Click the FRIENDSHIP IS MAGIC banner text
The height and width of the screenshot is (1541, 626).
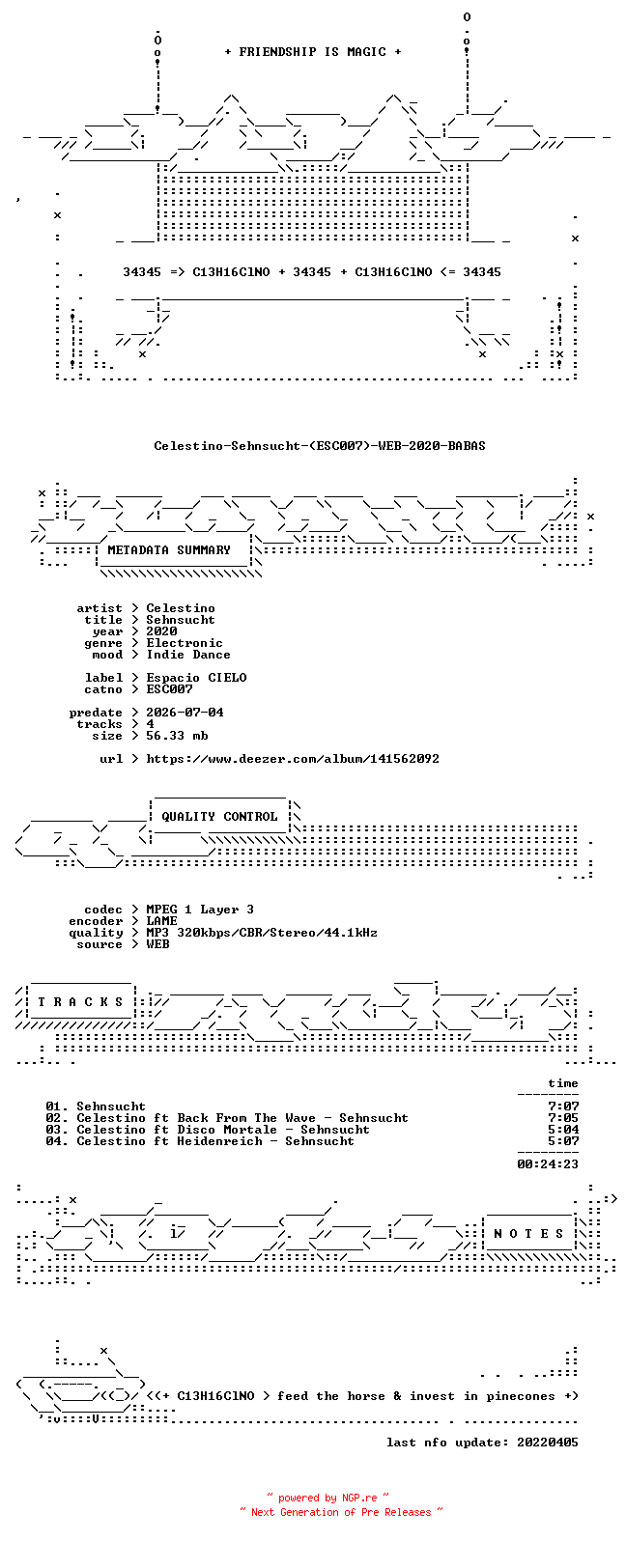(313, 52)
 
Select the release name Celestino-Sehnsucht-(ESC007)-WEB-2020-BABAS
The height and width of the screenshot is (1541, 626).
(320, 446)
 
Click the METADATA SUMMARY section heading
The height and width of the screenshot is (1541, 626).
(169, 550)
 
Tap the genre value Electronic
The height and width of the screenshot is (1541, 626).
(185, 643)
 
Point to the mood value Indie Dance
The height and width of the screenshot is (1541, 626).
(188, 655)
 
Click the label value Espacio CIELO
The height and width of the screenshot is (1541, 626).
(196, 678)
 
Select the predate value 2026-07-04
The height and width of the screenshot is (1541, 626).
(185, 713)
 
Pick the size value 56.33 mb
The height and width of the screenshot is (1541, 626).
(177, 736)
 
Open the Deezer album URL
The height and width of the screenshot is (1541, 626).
(293, 759)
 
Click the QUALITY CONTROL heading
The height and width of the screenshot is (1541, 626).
(219, 817)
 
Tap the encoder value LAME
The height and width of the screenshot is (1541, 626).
(162, 921)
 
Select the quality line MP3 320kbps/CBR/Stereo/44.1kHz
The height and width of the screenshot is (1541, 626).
(262, 933)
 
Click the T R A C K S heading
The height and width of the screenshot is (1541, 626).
(80, 1002)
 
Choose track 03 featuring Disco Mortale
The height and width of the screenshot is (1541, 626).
(208, 1130)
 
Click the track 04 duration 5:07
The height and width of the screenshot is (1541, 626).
(563, 1141)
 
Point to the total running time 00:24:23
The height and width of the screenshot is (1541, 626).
(548, 1164)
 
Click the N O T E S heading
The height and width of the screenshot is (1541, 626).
(528, 1234)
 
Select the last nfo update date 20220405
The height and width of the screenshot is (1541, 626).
(548, 1443)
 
